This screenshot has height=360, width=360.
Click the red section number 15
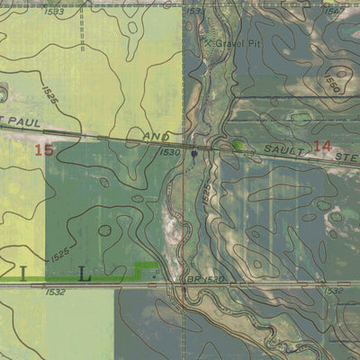(x=43, y=150)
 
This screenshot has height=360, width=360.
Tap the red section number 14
(x=324, y=146)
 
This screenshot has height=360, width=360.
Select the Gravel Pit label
(x=236, y=43)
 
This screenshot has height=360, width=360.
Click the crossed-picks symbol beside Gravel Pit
(x=208, y=41)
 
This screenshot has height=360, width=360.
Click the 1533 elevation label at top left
(x=53, y=12)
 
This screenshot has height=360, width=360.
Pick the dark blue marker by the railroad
(x=194, y=156)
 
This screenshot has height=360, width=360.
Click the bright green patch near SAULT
(x=238, y=144)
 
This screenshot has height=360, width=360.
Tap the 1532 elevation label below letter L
(x=55, y=292)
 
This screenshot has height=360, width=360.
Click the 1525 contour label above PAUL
(x=49, y=94)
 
